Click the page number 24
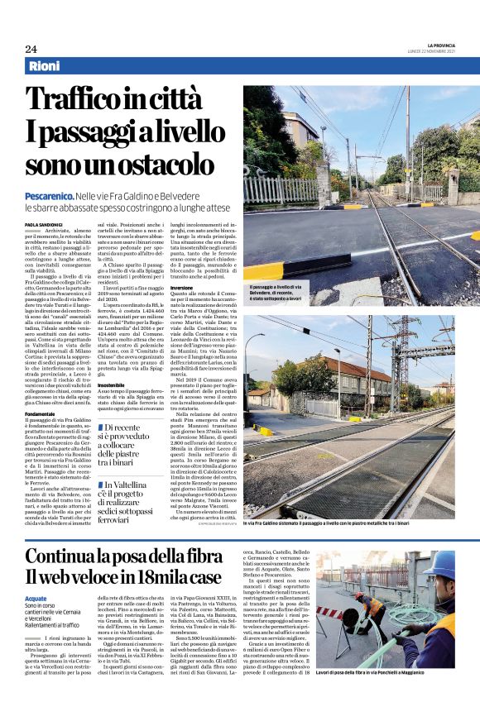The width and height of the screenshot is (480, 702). pyautogui.click(x=31, y=49)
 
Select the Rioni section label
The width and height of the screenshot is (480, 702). pyautogui.click(x=45, y=66)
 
